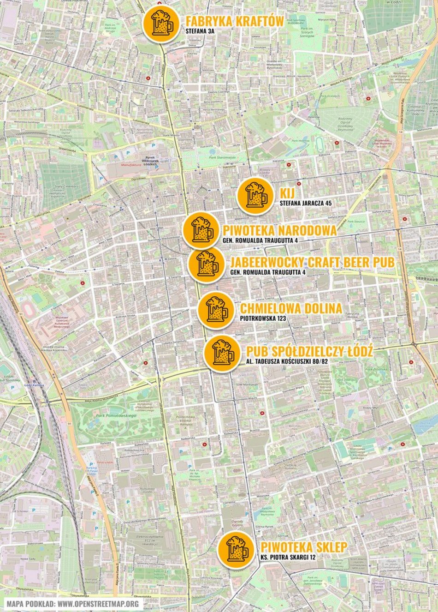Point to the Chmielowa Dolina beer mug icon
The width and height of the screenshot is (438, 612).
216,310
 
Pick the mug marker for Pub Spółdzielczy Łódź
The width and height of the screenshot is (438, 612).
222,353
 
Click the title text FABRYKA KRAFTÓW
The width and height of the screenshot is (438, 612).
234,21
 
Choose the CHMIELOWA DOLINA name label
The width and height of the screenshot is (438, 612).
291,308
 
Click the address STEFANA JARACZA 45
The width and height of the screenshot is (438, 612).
306,203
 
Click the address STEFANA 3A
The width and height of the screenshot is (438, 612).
200,31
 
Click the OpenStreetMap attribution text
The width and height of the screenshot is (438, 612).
73,604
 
